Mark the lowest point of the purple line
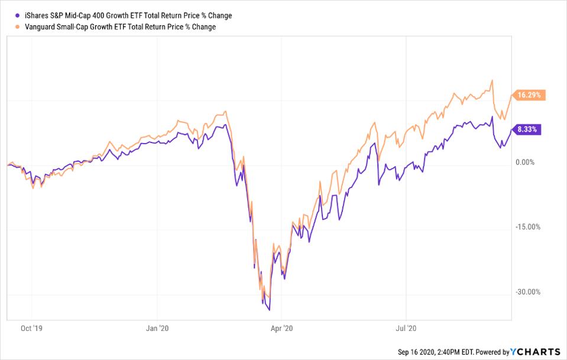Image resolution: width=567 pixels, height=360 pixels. (270, 309)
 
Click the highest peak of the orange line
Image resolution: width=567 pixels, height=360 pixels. (492, 81)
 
